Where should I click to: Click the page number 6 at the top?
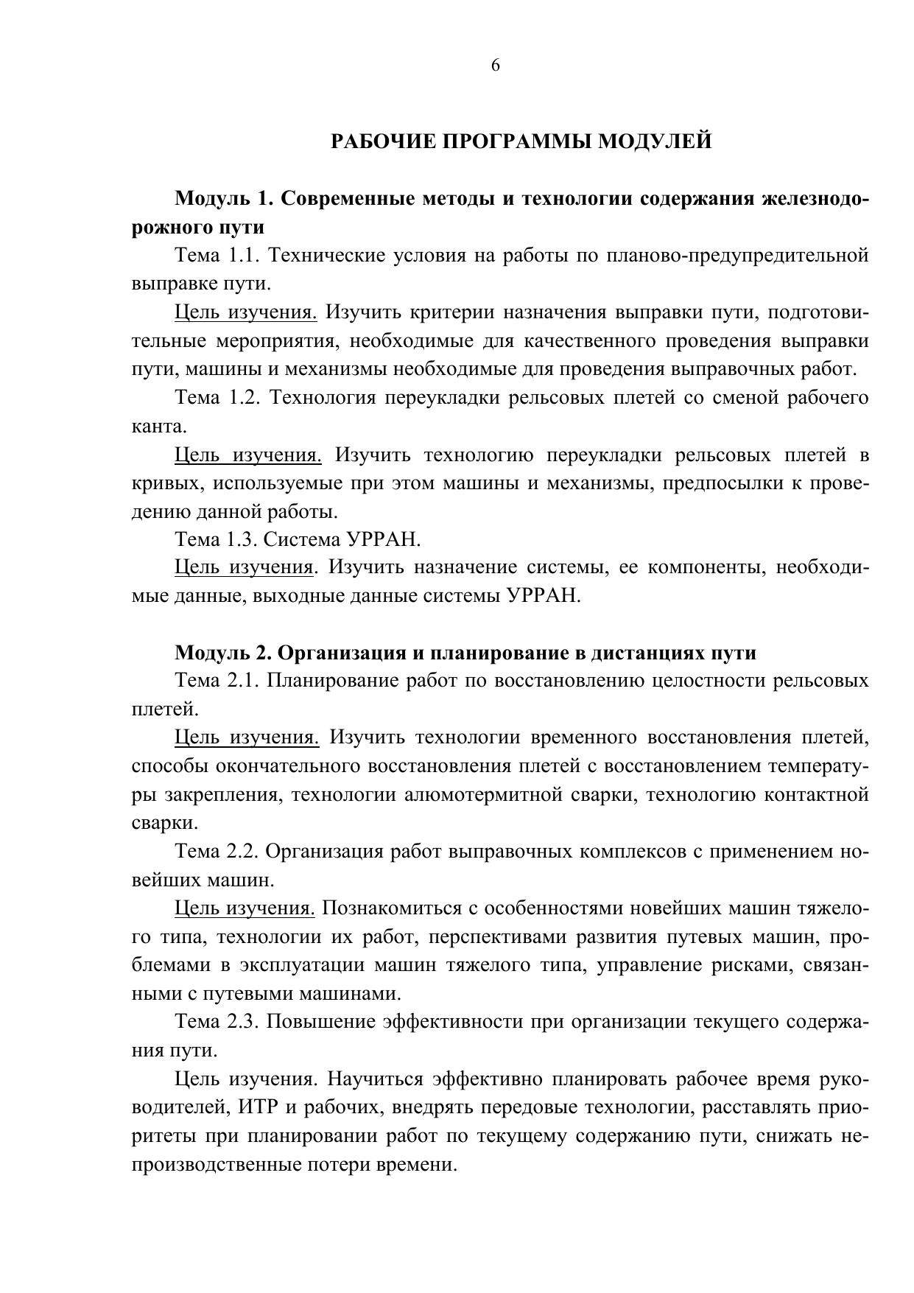[495, 66]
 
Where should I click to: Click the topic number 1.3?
[242, 540]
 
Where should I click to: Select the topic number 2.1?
[242, 681]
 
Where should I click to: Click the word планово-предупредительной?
[737, 256]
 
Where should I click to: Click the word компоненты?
[703, 568]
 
